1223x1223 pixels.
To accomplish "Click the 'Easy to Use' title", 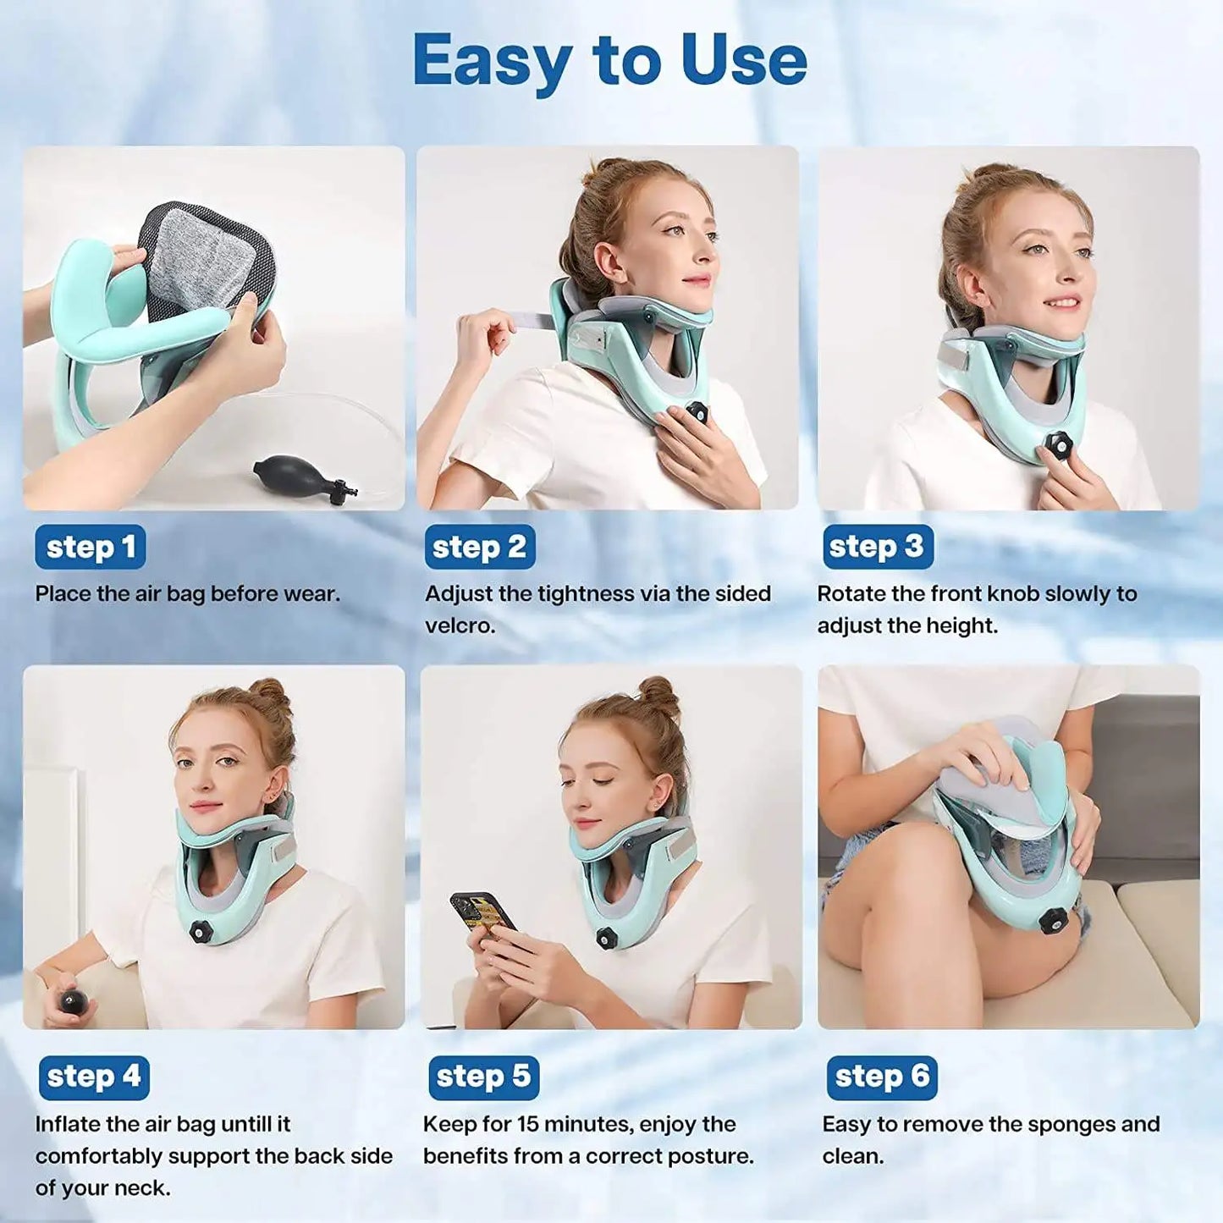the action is click(610, 62).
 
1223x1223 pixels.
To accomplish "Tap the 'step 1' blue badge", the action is click(91, 547).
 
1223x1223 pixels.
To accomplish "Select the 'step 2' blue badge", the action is click(480, 547).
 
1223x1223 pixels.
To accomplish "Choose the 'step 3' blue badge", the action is click(878, 547).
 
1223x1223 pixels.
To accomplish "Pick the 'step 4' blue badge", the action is click(94, 1076).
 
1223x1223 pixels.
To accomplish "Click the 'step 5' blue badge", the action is click(483, 1076).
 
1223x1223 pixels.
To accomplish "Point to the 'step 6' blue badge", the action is click(882, 1076).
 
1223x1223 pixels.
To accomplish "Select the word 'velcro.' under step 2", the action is click(460, 625).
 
